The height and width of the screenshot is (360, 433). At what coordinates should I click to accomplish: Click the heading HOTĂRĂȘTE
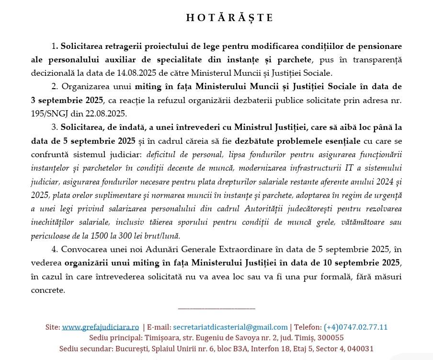tap(229, 18)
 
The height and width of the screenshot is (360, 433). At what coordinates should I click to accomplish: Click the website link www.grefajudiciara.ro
tap(100, 327)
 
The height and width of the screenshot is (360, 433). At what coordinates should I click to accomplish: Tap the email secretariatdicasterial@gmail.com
tap(230, 327)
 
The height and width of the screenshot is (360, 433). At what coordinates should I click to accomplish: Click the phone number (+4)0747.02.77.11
tap(355, 327)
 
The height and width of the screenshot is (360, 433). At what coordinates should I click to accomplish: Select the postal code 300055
tap(327, 338)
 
